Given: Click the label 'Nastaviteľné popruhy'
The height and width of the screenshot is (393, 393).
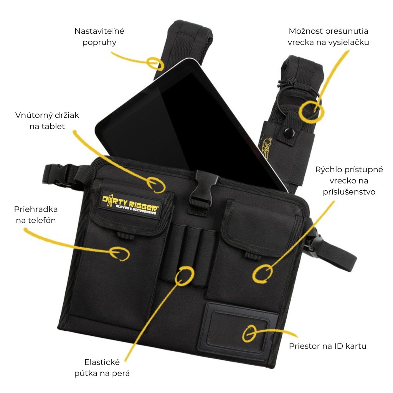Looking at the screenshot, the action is [x=99, y=36].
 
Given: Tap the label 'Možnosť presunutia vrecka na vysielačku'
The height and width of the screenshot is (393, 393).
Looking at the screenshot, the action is [x=328, y=36].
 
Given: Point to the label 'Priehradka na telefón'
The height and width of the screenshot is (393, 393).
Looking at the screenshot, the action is [x=36, y=215].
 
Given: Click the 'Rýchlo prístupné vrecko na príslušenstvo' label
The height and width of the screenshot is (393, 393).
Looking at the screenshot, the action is [x=349, y=180].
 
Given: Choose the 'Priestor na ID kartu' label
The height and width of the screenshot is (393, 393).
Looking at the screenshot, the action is [x=327, y=346].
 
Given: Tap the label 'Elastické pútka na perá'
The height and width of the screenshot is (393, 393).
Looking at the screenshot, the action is [x=102, y=367].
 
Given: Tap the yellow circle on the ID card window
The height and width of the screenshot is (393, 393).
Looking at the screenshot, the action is [x=249, y=333].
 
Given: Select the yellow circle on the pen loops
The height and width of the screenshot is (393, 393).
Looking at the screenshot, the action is [x=185, y=275].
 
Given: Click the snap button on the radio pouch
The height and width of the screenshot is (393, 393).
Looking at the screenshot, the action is [x=286, y=133].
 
